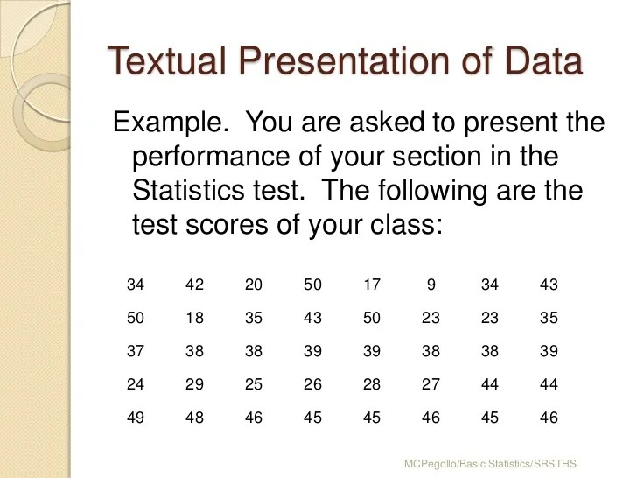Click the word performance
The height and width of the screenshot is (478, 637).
click(x=219, y=158)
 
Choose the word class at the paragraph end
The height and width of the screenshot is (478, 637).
click(x=403, y=225)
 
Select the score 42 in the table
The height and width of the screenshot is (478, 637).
click(x=194, y=285)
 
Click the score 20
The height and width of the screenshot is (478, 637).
click(x=254, y=285)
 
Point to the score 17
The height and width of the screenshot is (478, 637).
click(x=372, y=285)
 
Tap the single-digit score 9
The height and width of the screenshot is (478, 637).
click(x=430, y=285)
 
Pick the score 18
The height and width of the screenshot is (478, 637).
click(x=194, y=318)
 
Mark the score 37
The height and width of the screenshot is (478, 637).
click(x=136, y=351)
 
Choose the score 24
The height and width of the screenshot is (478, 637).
click(x=136, y=384)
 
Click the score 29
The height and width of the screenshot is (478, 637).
click(x=194, y=384)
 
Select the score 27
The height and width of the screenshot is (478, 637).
click(x=430, y=384)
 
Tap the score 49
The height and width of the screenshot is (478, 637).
click(x=136, y=418)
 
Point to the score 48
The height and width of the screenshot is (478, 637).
click(x=194, y=418)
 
